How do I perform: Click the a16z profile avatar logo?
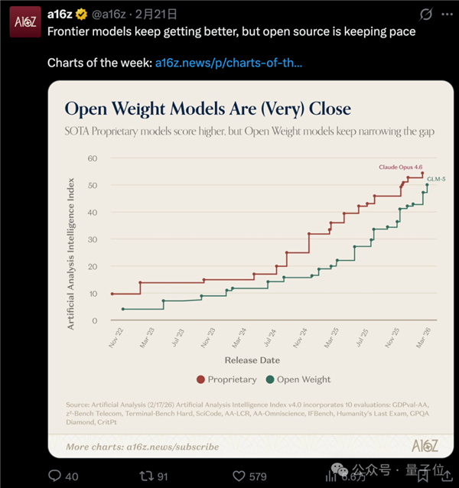(x=24, y=23)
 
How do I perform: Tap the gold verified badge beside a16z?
(x=81, y=14)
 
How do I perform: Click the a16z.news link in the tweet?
(x=228, y=62)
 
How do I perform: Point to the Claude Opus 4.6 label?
(x=400, y=166)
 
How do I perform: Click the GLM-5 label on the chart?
(x=435, y=178)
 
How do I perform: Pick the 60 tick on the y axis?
(x=93, y=158)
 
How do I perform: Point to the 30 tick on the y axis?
(x=93, y=239)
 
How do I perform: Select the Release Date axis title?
(x=252, y=359)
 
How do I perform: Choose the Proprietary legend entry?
(x=226, y=379)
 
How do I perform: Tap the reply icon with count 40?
(x=54, y=476)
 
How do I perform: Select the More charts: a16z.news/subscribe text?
(x=142, y=447)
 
